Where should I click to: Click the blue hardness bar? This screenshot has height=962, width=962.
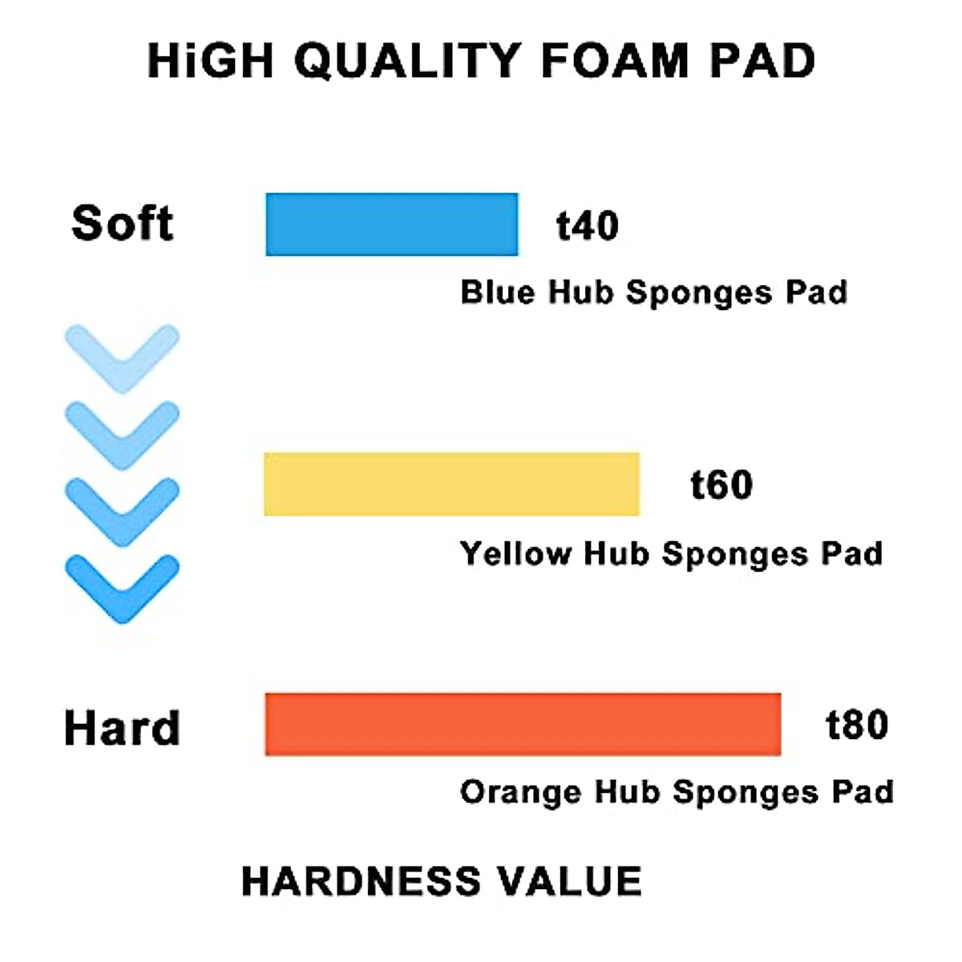[x=391, y=224]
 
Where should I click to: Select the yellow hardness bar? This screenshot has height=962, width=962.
[x=451, y=484]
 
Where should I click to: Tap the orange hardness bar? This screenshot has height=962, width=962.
[x=523, y=724]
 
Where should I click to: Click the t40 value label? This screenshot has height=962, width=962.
[x=588, y=226]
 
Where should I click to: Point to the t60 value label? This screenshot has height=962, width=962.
[x=721, y=485]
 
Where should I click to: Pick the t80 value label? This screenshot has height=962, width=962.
[x=857, y=725]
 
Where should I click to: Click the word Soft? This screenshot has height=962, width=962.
[x=122, y=223]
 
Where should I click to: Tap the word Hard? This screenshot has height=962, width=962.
[x=122, y=728]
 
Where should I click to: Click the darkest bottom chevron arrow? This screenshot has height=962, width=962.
[x=122, y=588]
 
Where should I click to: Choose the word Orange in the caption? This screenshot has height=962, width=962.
[x=520, y=793]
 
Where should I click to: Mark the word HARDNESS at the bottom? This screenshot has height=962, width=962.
[x=362, y=881]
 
